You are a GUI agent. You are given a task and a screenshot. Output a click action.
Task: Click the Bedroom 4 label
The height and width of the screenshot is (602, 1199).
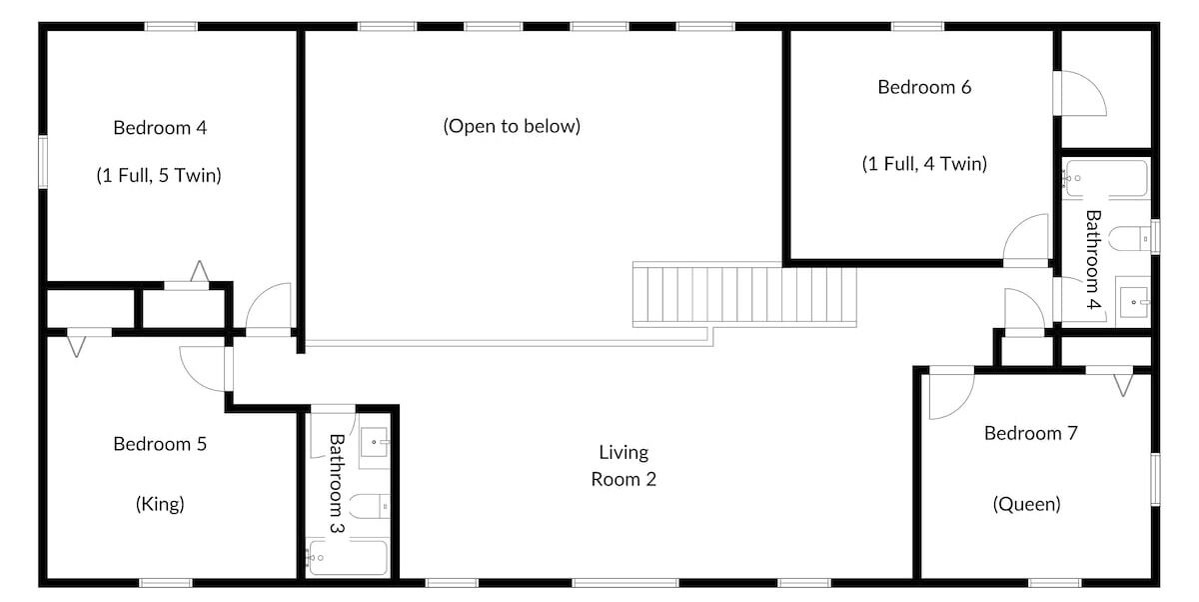click(160, 128)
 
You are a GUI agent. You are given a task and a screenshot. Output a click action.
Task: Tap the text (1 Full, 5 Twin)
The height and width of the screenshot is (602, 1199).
click(159, 176)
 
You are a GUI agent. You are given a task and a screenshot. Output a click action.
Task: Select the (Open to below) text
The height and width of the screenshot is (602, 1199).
click(512, 126)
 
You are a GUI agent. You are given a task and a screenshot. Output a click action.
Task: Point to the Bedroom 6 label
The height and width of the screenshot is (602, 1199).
click(924, 87)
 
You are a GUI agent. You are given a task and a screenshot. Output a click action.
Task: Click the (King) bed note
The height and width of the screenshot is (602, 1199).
click(160, 504)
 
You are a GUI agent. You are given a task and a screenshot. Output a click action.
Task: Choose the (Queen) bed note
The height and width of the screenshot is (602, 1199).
click(1027, 504)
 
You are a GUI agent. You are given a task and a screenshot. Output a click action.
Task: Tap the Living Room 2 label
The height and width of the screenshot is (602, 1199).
click(623, 465)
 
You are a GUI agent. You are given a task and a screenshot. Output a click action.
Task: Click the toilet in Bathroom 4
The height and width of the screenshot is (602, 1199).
click(1129, 238)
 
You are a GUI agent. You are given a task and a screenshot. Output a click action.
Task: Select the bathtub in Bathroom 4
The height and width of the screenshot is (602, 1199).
click(1106, 178)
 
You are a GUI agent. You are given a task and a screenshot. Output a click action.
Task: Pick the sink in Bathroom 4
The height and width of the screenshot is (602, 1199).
click(1133, 302)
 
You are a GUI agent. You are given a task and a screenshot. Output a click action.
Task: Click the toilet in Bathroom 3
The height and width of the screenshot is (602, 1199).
click(370, 506)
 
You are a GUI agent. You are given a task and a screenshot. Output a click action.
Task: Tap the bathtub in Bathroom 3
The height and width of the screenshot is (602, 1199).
click(348, 558)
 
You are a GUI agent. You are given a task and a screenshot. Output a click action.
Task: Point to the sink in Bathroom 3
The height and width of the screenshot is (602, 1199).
click(374, 442)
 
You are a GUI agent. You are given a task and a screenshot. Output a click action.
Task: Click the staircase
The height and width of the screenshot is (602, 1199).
click(744, 295)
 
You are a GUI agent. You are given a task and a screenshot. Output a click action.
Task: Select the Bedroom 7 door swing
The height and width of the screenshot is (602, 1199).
click(951, 396)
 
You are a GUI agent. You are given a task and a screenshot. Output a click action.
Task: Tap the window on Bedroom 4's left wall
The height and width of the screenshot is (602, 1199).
click(43, 162)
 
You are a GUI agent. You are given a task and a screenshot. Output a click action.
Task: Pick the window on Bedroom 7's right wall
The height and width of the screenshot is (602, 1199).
click(1155, 479)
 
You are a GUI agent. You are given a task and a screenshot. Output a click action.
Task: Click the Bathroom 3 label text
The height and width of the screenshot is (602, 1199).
click(336, 484)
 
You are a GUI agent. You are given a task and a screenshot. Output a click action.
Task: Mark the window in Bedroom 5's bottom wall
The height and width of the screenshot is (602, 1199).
click(166, 583)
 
